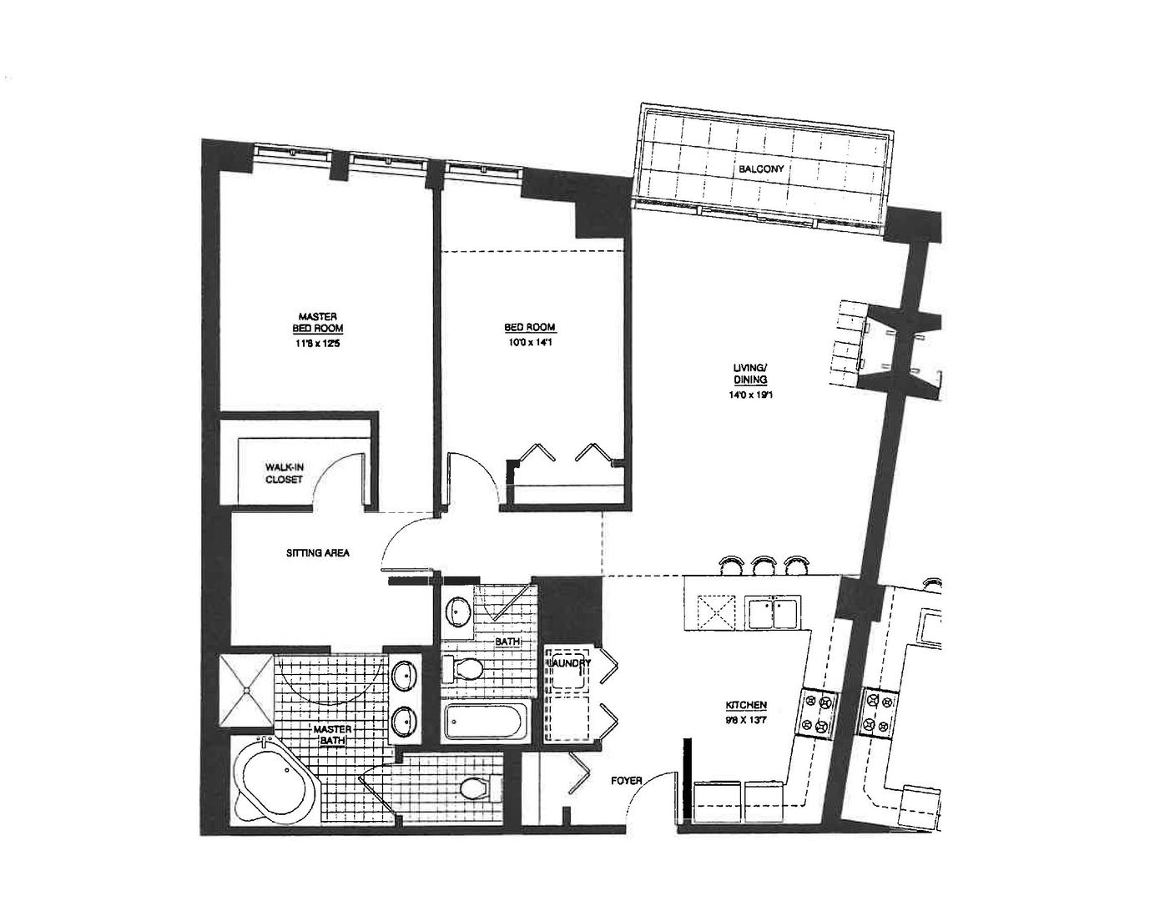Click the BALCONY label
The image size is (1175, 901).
coord(760,169)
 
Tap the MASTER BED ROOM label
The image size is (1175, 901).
coord(317,323)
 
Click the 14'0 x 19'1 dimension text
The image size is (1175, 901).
coord(744,396)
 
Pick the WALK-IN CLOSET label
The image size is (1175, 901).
coord(284,473)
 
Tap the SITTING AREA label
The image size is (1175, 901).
coord(317,552)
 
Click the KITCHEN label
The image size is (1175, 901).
coord(746,705)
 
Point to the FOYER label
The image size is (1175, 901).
coord(626,781)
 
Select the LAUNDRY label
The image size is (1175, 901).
coord(569,663)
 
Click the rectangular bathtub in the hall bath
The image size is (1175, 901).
coord(487,722)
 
